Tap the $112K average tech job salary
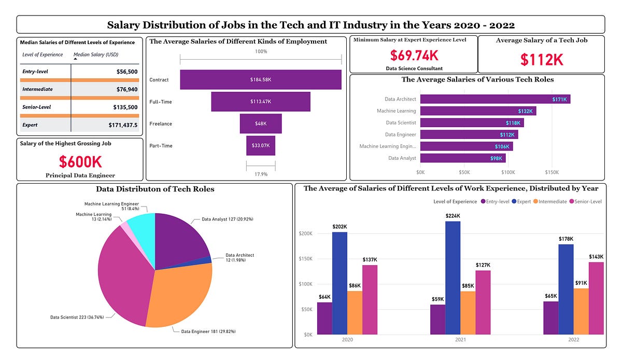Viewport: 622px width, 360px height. [x=541, y=60]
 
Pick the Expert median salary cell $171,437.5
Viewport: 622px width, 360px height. [x=122, y=125]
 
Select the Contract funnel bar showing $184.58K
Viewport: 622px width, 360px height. [x=260, y=80]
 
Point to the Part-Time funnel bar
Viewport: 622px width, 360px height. [x=260, y=146]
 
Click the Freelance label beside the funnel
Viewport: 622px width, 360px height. [x=161, y=124]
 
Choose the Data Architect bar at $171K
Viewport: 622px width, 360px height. [x=494, y=99]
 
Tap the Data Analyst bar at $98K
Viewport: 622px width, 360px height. [x=462, y=158]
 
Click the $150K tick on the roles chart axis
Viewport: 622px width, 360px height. [x=552, y=172]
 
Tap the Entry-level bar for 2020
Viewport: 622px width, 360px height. [x=324, y=318]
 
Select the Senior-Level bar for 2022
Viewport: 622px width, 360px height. [x=596, y=298]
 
